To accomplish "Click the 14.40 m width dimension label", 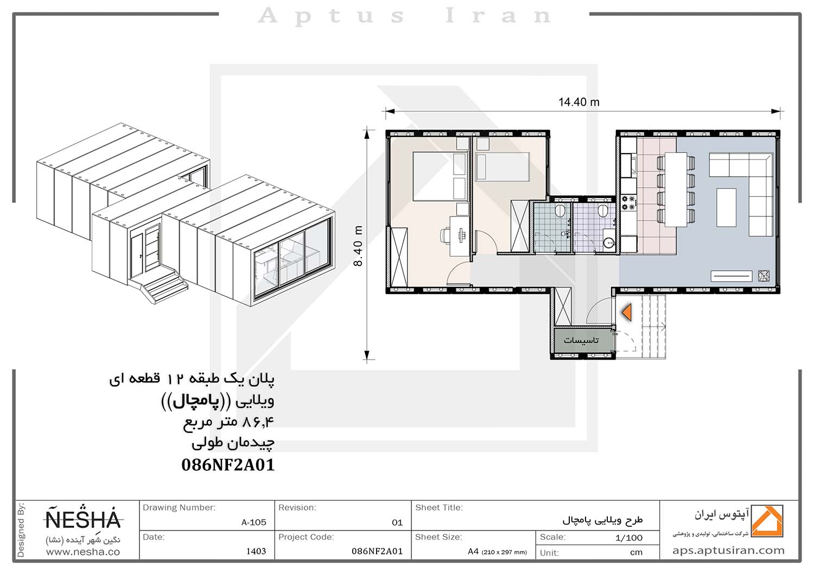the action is tap(579, 102).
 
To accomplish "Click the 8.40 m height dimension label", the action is tap(358, 246).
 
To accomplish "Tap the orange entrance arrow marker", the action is tap(626, 312).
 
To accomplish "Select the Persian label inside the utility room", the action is tap(581, 340).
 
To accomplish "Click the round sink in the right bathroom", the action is tap(609, 242).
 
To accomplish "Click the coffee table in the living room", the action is tap(727, 207).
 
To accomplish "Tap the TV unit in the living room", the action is tap(731, 276).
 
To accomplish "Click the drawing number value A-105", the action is tap(253, 522).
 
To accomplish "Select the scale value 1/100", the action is tap(628, 538).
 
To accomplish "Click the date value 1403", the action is tap(256, 551).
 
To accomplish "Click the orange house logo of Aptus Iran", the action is tap(767, 521).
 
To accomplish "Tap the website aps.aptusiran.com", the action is tap(728, 551).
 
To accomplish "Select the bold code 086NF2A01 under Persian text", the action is tap(228, 465).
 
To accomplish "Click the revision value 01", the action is tap(397, 523).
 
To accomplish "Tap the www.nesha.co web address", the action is tap(83, 552).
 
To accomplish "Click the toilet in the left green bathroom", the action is tap(559, 210).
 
